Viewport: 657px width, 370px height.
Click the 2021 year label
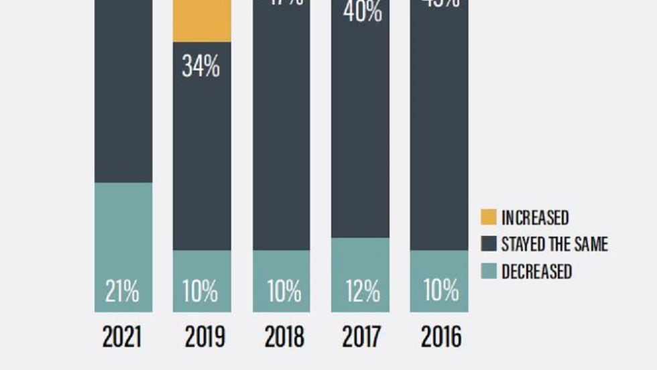122,336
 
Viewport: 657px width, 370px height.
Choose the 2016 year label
440,336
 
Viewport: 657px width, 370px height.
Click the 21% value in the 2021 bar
122,292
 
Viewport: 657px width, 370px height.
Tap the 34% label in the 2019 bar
201,67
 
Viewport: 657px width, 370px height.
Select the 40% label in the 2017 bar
362,12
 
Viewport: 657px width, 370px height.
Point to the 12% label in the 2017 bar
362,292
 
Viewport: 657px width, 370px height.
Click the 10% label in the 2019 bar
201,292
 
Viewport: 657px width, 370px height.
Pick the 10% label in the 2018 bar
283,292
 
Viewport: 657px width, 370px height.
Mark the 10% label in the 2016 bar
441,292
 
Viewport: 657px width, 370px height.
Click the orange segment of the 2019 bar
202,20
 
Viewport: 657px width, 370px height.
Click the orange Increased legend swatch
489,217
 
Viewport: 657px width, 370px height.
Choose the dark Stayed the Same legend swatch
489,244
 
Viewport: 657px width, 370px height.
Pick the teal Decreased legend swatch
489,271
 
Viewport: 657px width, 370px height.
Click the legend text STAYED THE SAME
554,244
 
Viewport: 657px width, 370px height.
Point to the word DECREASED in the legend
536,271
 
